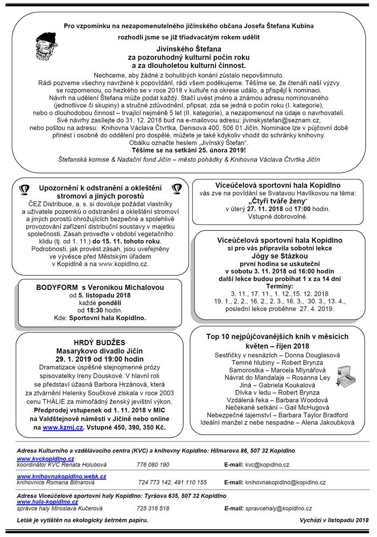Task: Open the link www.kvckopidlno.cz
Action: point(45,458)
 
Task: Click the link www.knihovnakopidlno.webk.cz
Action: point(61,477)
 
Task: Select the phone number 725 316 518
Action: point(152,508)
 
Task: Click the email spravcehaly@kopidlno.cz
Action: point(276,508)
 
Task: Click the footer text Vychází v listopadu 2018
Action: point(331,520)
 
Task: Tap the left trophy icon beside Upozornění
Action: point(24,188)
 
